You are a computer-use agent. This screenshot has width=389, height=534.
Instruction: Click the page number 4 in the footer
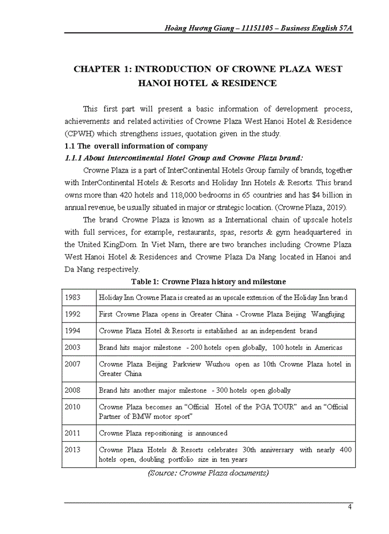pos(349,507)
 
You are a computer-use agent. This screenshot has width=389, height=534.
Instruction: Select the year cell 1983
pos(73,298)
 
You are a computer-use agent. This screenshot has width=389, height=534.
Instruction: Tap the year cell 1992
pos(73,314)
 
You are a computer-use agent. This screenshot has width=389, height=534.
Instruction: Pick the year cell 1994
pos(73,330)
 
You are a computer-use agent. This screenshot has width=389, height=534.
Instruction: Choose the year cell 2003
pos(73,347)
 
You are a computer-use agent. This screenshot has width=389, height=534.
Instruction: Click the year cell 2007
pos(73,364)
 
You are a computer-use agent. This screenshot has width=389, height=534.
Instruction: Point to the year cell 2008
pos(73,390)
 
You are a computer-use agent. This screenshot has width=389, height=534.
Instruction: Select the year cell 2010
pos(73,407)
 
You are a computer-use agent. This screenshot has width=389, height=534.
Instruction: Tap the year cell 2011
pos(73,433)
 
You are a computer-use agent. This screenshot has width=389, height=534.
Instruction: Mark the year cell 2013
pos(73,449)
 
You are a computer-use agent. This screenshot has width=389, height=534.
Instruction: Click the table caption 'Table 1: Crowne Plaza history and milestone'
pos(208,281)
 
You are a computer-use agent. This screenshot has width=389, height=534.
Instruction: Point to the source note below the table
pos(208,473)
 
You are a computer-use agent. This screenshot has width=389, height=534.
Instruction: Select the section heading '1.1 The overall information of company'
pos(136,146)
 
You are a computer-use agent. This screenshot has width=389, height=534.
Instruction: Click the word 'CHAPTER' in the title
pos(97,69)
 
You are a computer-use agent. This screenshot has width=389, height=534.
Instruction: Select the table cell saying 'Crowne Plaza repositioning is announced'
pos(163,433)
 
